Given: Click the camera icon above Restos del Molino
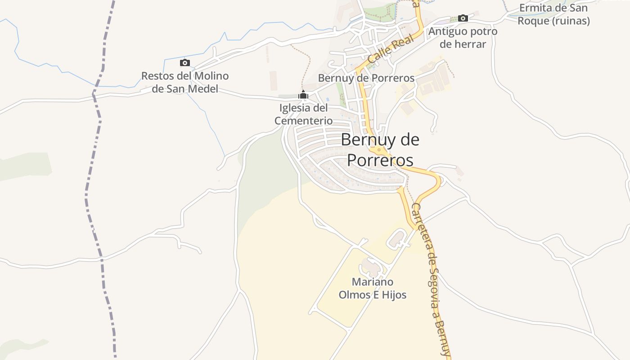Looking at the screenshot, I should pyautogui.click(x=184, y=63).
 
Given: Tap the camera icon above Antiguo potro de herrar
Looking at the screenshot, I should pyautogui.click(x=463, y=18).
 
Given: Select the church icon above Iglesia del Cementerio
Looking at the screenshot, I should pyautogui.click(x=303, y=95).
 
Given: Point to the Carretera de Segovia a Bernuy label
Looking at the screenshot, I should pyautogui.click(x=431, y=279).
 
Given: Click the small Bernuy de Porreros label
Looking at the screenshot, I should pyautogui.click(x=366, y=78).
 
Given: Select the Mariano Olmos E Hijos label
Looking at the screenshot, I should pyautogui.click(x=373, y=288).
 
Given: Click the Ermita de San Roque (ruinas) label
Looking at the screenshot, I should pyautogui.click(x=553, y=14).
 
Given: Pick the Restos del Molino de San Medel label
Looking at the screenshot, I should pyautogui.click(x=184, y=82).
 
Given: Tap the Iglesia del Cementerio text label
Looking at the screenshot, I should pyautogui.click(x=304, y=114).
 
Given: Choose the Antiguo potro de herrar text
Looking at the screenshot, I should pyautogui.click(x=463, y=38).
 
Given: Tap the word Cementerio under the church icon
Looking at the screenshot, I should pyautogui.click(x=304, y=121).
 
